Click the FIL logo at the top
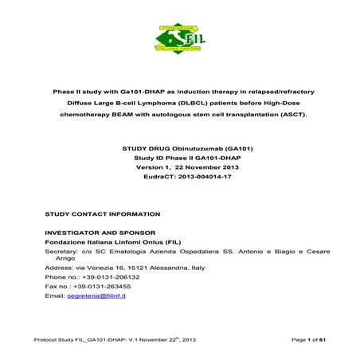[179, 37]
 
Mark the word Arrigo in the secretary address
[68, 259]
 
